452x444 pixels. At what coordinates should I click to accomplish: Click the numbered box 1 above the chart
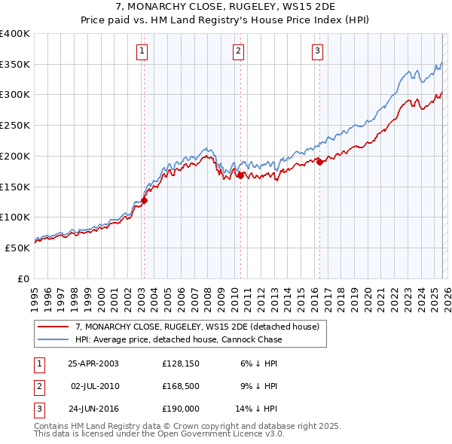pos(142,51)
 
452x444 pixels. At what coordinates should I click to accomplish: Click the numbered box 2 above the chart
pos(238,51)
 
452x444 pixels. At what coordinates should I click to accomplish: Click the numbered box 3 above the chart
pos(317,51)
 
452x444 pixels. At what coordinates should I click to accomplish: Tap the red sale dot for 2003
pos(144,200)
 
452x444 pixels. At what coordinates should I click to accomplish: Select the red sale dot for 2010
pos(240,175)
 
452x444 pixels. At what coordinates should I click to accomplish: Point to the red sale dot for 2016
pos(319,162)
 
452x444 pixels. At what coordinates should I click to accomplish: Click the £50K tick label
pos(18,248)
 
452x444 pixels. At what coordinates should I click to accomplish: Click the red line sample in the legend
pos(53,327)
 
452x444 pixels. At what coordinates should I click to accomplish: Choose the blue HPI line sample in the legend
pos(53,339)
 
